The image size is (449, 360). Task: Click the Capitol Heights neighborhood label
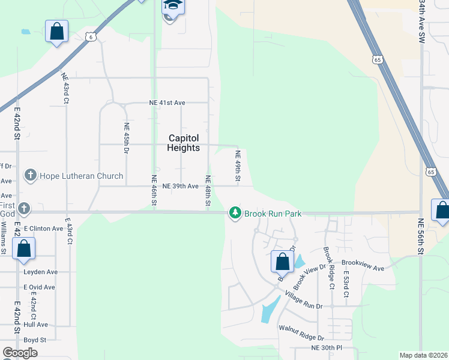click(184, 143)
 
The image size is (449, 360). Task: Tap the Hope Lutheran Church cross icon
click(30, 176)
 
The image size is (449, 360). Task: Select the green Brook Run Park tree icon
click(235, 213)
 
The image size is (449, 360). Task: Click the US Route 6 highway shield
click(90, 37)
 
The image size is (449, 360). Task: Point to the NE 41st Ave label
click(167, 103)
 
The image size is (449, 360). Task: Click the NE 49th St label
click(238, 167)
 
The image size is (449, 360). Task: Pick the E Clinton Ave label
click(44, 229)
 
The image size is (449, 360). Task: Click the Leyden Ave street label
click(40, 272)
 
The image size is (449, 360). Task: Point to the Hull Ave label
click(35, 325)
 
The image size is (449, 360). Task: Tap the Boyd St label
click(35, 340)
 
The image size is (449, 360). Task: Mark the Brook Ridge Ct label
click(328, 268)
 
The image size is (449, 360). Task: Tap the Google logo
click(20, 353)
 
